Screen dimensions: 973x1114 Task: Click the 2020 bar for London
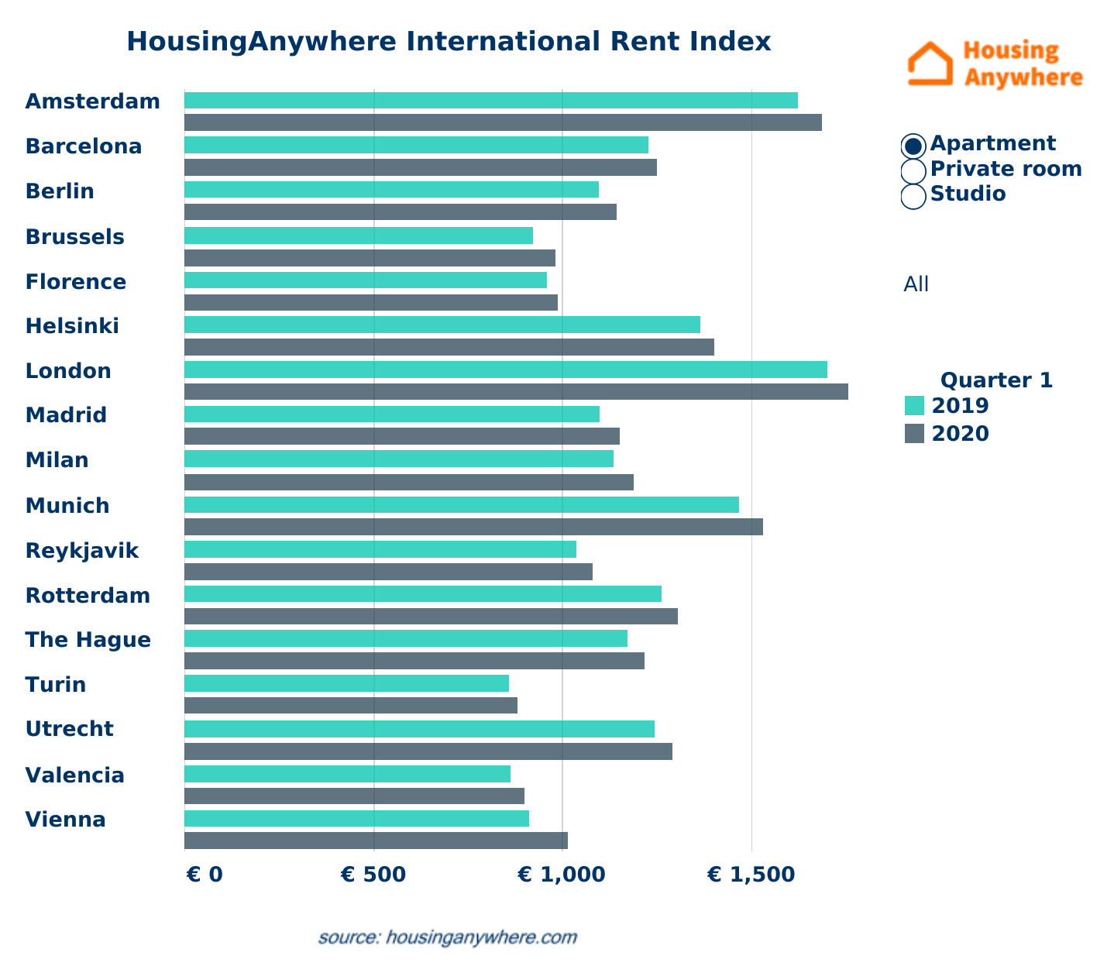tap(516, 392)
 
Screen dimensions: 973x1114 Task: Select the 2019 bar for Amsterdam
tap(491, 101)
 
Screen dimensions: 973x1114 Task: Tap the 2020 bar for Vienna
tap(376, 841)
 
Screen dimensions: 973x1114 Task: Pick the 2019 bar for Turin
tap(346, 683)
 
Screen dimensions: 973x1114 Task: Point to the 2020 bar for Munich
tap(473, 527)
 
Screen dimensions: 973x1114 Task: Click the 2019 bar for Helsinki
tap(442, 325)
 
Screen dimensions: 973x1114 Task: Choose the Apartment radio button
tap(914, 146)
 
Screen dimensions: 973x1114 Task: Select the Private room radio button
tap(914, 170)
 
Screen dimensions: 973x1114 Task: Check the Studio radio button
tap(914, 195)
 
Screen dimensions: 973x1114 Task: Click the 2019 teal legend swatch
tap(915, 406)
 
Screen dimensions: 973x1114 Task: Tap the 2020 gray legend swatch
tap(915, 434)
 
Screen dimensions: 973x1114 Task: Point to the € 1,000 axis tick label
tap(562, 875)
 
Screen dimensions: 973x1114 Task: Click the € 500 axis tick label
tap(373, 875)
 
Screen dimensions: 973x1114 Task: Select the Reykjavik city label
tap(82, 551)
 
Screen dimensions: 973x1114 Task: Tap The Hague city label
tap(88, 640)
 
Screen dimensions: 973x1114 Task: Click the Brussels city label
tap(75, 237)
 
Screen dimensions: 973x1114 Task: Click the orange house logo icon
tap(930, 64)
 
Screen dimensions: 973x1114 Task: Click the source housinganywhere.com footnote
tap(448, 937)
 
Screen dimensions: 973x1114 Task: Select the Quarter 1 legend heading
tap(996, 380)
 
